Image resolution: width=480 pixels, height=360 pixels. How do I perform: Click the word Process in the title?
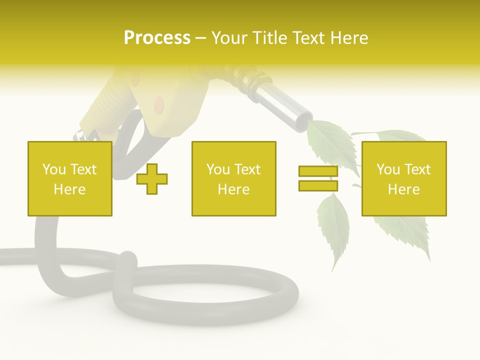(x=157, y=37)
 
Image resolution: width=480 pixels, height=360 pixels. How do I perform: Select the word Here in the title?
(x=347, y=37)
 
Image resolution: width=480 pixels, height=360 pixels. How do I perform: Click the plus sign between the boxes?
(x=152, y=179)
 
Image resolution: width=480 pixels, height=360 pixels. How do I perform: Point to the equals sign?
(x=318, y=178)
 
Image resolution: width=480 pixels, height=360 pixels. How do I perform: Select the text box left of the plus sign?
(x=70, y=178)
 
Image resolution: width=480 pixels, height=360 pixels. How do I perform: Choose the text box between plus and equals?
(x=233, y=178)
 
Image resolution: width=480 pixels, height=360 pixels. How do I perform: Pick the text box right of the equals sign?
(x=404, y=178)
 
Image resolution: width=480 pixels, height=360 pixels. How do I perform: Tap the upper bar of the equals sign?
(x=318, y=171)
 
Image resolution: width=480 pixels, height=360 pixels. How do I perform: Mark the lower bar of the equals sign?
(x=318, y=185)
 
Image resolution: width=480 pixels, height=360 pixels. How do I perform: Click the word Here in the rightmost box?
(x=404, y=189)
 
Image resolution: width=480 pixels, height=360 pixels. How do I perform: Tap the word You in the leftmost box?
(x=54, y=169)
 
